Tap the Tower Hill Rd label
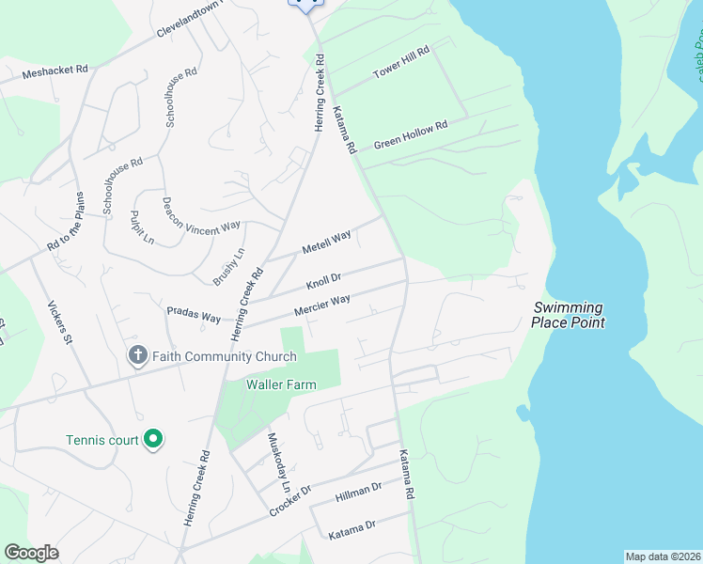click(x=400, y=61)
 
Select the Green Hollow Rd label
click(x=411, y=134)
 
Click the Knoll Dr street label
click(x=322, y=281)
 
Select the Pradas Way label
click(x=193, y=312)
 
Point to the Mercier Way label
click(x=321, y=305)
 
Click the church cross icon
click(x=137, y=356)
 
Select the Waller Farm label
click(x=280, y=384)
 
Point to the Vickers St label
click(x=59, y=321)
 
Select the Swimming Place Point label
click(x=568, y=315)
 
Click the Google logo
click(x=32, y=553)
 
